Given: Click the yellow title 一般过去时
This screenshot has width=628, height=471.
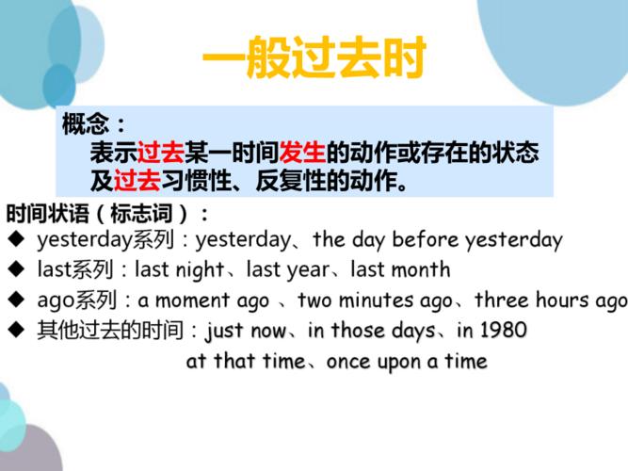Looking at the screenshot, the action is pyautogui.click(x=314, y=57).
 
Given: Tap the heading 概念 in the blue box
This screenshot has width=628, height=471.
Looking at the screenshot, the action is pyautogui.click(x=85, y=123).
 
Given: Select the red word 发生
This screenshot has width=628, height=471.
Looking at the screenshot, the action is pyautogui.click(x=303, y=153).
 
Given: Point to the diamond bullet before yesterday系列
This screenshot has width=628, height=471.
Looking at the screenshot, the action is pyautogui.click(x=16, y=239).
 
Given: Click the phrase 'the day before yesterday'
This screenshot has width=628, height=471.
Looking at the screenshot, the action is pyautogui.click(x=438, y=239).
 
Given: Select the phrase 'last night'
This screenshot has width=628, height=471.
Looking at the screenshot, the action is pyautogui.click(x=179, y=269).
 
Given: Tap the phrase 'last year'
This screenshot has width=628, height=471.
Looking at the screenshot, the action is pyautogui.click(x=288, y=269).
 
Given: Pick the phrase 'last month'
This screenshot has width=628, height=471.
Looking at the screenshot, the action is pyautogui.click(x=400, y=269).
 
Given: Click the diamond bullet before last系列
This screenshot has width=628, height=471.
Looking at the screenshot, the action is pyautogui.click(x=16, y=269).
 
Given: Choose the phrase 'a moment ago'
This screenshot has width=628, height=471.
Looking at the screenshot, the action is pyautogui.click(x=203, y=300).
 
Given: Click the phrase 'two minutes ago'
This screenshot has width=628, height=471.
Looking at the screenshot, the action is pyautogui.click(x=376, y=300).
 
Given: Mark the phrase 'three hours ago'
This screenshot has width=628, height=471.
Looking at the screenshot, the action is pyautogui.click(x=551, y=300).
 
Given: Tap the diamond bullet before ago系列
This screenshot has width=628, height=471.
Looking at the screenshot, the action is pyautogui.click(x=16, y=300).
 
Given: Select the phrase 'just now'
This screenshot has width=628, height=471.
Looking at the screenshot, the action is pyautogui.click(x=246, y=331).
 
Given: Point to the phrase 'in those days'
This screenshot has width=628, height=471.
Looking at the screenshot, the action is pyautogui.click(x=372, y=331).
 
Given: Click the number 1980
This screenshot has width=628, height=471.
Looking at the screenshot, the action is pyautogui.click(x=503, y=331).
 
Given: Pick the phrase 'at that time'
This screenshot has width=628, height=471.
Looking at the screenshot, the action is pyautogui.click(x=246, y=361).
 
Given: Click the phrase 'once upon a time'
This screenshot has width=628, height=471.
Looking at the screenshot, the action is pyautogui.click(x=407, y=362).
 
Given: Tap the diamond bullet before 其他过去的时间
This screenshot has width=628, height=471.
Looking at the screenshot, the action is pyautogui.click(x=16, y=331).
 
